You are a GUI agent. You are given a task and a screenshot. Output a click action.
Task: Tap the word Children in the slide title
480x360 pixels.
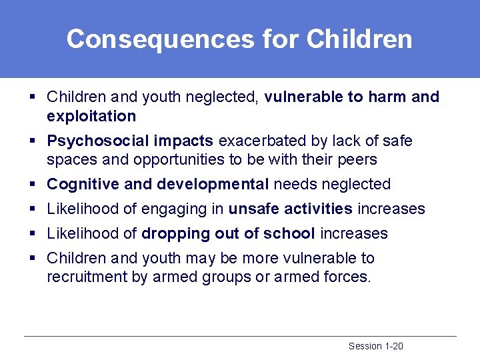(359, 39)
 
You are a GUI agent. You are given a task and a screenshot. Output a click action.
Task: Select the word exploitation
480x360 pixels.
(91, 117)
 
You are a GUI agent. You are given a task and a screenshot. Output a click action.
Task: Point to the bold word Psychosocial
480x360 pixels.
(98, 141)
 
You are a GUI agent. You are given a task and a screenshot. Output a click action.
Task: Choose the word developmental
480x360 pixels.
(213, 185)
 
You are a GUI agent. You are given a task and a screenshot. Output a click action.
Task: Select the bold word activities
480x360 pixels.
(318, 209)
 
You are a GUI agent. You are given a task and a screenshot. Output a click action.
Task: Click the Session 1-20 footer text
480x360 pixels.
(375, 346)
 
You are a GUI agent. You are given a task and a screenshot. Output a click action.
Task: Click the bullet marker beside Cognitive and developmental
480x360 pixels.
(32, 185)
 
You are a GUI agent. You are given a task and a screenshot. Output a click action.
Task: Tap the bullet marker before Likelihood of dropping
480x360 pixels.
(32, 234)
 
